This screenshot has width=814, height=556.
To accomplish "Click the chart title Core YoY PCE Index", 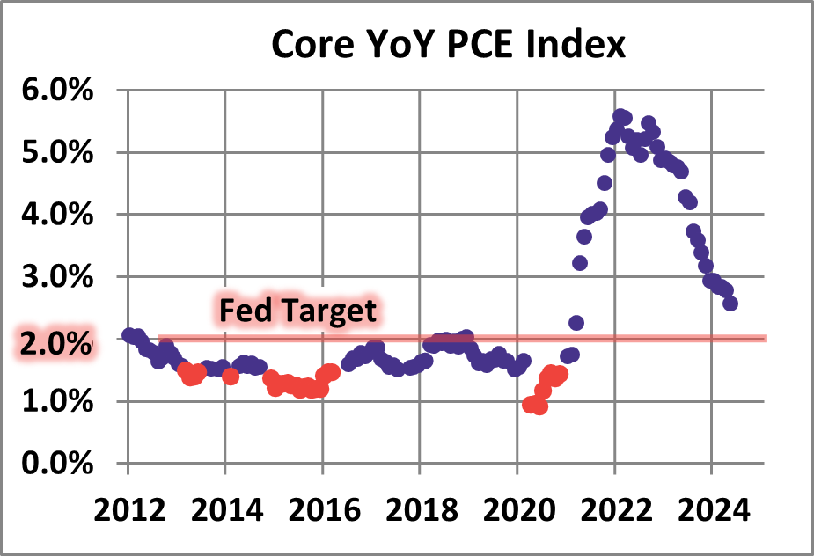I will tap(448, 44).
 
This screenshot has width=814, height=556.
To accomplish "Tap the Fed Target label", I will tap(297, 311).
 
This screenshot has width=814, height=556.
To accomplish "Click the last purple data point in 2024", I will tap(730, 304).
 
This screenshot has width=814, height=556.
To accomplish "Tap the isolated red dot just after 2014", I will tap(231, 377).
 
